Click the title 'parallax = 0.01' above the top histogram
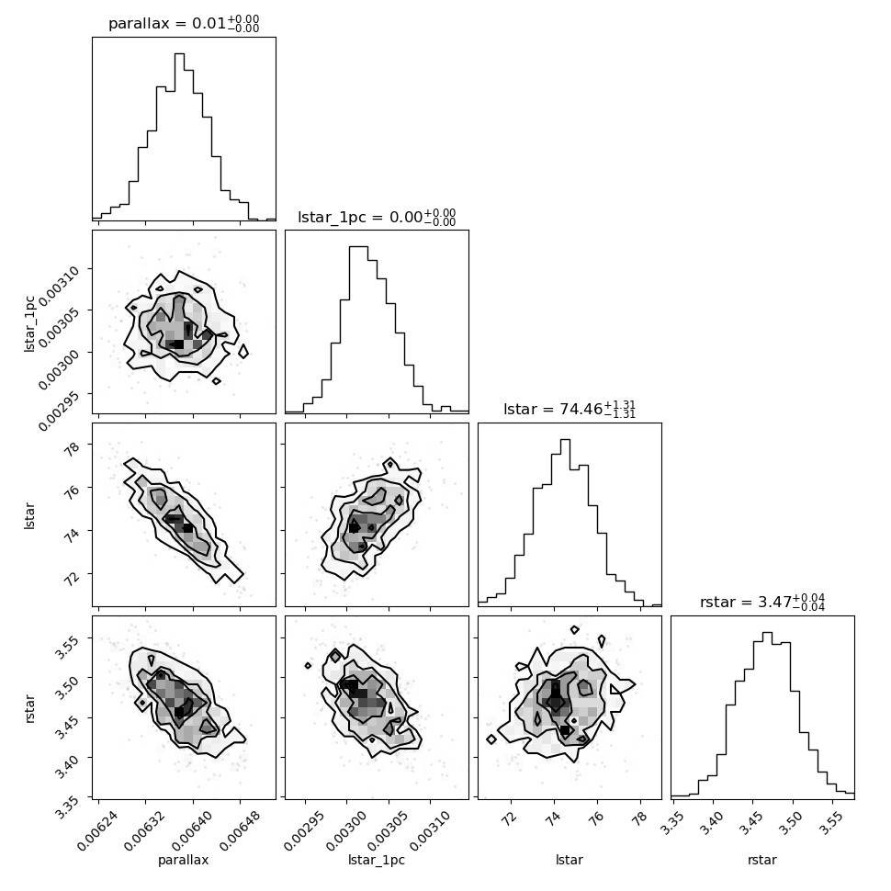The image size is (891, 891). pos(167,23)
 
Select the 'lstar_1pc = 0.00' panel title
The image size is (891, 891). pos(360,217)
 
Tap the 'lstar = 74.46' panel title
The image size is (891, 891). pos(552,409)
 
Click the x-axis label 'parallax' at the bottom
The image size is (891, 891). pos(184,861)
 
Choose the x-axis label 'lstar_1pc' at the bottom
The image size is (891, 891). pos(377,861)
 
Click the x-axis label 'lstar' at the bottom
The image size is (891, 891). pos(570,861)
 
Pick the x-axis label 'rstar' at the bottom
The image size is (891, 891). pos(762,861)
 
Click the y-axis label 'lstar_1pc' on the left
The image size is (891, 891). pos(29,323)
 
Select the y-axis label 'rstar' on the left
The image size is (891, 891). pos(29,708)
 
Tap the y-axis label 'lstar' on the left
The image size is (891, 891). pos(29,516)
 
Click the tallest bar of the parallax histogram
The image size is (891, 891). pos(179,136)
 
